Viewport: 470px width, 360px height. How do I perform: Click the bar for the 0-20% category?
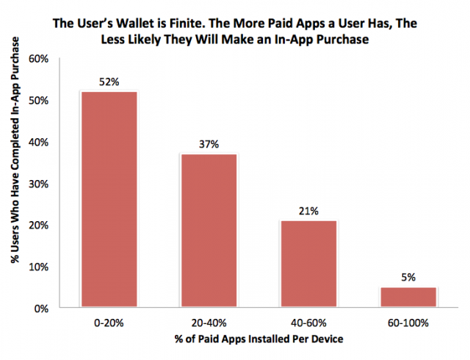click(109, 198)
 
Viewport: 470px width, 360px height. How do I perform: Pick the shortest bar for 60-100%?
click(408, 297)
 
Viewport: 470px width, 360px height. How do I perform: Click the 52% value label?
click(109, 82)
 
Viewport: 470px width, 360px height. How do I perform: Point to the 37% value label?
click(209, 144)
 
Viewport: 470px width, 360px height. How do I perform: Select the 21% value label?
click(308, 211)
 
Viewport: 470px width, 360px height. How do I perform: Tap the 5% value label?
click(408, 278)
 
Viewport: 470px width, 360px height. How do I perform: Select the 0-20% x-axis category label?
click(109, 323)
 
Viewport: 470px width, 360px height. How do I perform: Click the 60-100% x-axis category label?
click(408, 323)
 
